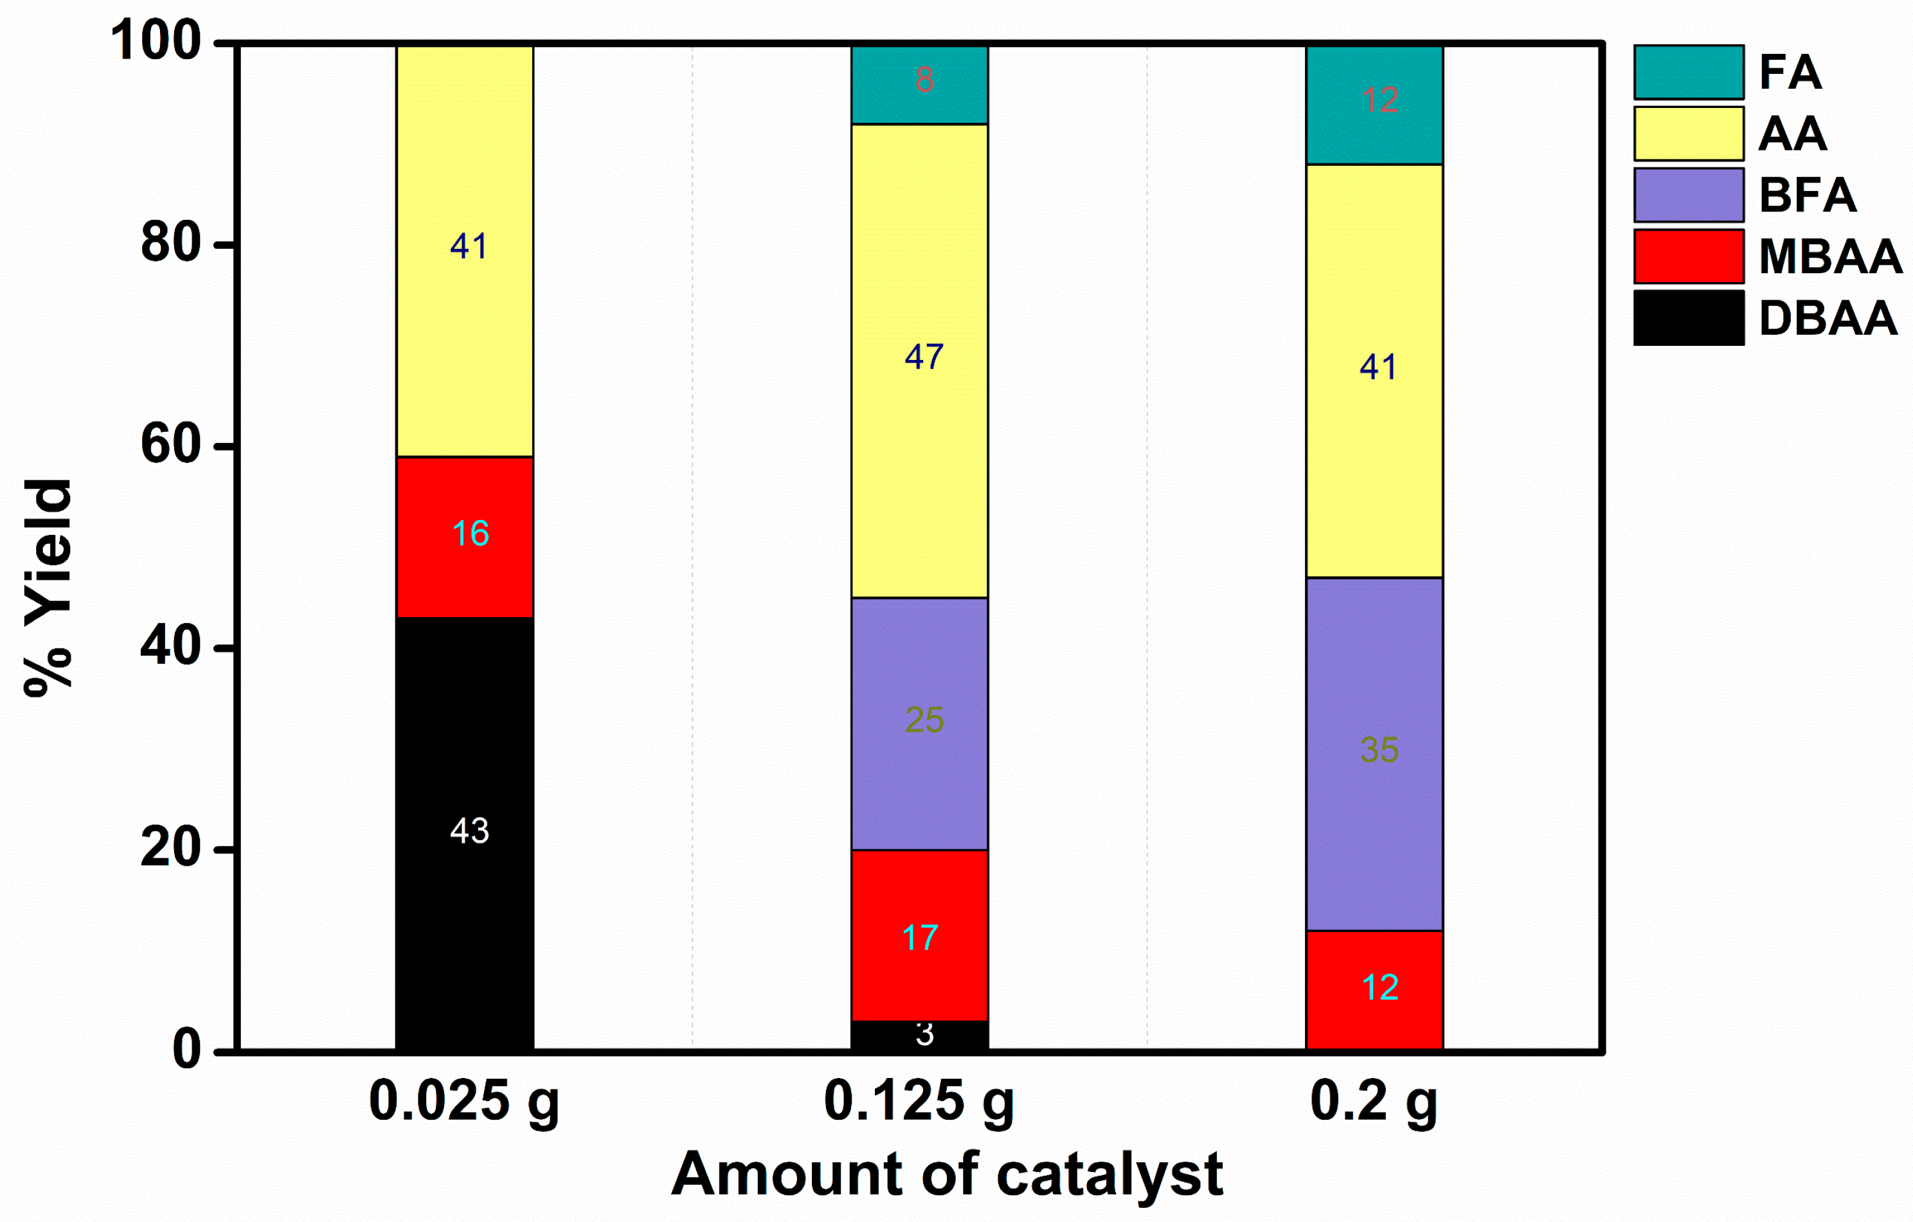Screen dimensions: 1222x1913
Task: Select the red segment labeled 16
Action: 465,537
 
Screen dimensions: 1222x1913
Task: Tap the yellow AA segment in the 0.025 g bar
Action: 465,251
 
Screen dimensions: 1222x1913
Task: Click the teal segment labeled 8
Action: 919,84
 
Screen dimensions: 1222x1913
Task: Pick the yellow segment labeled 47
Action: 919,361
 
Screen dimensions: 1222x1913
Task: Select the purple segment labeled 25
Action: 919,724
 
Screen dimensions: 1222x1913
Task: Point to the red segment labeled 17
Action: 919,935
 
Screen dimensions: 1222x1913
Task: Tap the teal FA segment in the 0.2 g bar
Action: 1374,105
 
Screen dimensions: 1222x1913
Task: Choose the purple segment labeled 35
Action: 1374,754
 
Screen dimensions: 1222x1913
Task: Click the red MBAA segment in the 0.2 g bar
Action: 1374,990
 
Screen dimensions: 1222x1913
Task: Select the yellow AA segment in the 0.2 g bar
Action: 1374,371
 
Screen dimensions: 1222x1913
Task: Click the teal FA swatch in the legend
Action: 1688,72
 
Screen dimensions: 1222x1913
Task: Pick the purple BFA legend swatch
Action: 1688,195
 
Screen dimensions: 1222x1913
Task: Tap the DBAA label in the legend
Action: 1828,319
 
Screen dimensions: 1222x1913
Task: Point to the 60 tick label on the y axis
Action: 171,445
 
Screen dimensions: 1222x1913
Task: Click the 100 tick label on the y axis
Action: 156,41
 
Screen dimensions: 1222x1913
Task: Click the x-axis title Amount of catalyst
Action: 947,1174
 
